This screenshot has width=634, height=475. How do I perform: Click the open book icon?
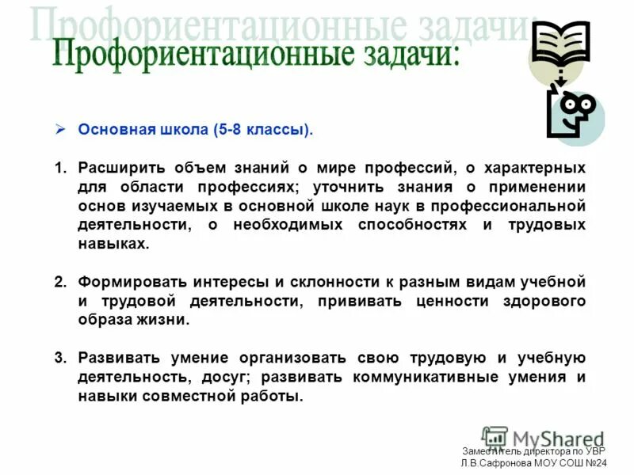(561, 44)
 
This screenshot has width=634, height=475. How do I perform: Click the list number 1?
(59, 169)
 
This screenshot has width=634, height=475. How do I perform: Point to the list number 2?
(59, 283)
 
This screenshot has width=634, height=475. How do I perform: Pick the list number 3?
(59, 358)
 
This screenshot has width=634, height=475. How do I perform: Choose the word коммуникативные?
(421, 377)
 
